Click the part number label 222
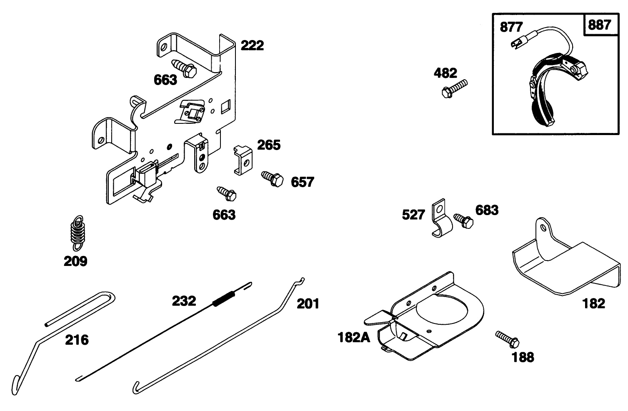[x=253, y=45]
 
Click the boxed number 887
[x=600, y=25]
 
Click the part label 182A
[x=354, y=337]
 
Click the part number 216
[x=77, y=340]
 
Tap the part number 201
[x=308, y=303]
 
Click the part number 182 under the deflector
[x=593, y=303]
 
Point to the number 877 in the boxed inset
[x=511, y=27]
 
